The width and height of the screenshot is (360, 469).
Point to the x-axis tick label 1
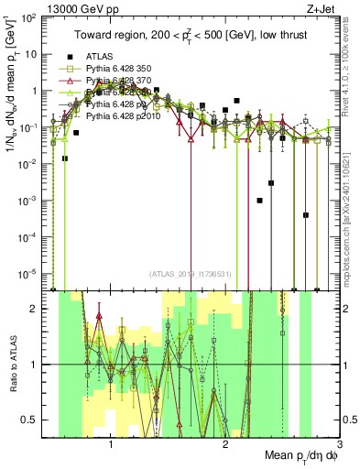111,446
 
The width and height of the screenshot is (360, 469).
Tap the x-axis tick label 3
338,446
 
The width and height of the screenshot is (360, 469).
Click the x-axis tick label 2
224,446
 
